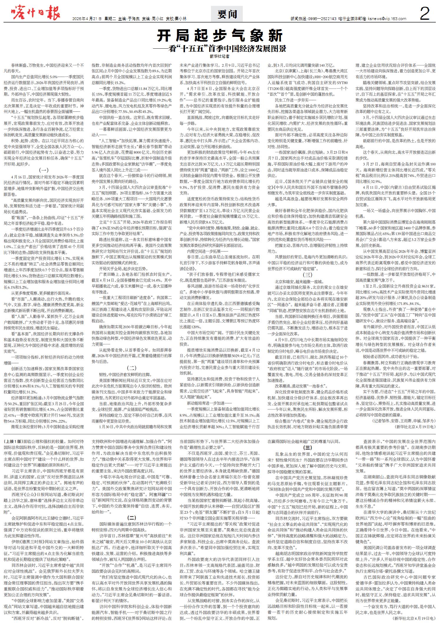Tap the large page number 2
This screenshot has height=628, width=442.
coord(425,14)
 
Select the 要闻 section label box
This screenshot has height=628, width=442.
coord(227,14)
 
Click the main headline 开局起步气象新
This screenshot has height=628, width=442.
coord(220,36)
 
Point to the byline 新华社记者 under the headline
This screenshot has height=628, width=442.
coord(220,56)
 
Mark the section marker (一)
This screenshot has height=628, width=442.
coord(44,170)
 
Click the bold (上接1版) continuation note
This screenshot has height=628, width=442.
coord(13,442)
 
